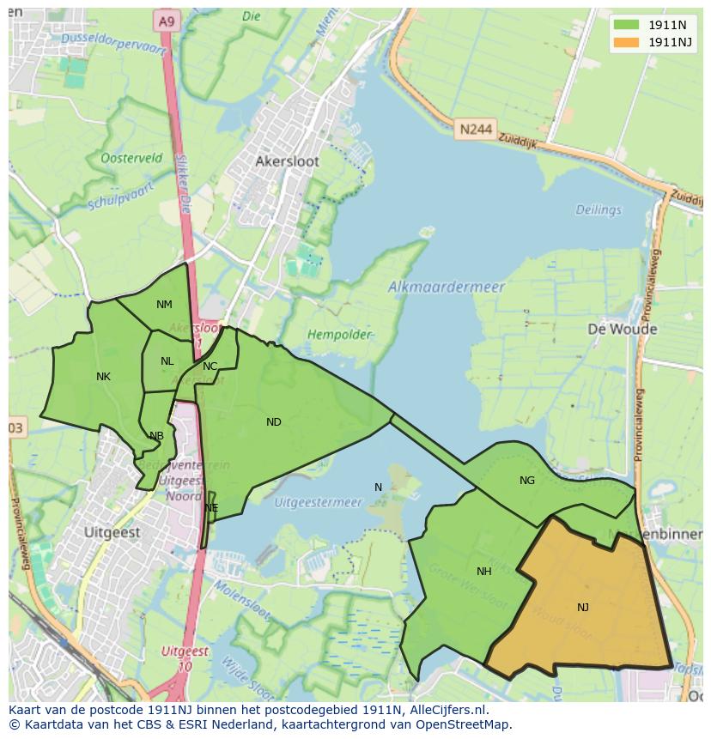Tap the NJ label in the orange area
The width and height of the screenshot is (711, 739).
(583, 608)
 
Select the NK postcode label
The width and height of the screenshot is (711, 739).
(103, 376)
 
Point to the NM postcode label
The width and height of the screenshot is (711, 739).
(164, 305)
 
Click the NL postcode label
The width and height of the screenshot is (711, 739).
(167, 361)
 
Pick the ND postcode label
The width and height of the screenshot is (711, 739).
(274, 421)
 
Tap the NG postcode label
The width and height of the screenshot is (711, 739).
(527, 481)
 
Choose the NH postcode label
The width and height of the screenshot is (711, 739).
(484, 571)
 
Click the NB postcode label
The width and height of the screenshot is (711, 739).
(156, 436)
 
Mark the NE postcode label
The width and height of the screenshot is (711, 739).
(211, 508)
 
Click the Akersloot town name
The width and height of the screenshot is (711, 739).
(287, 161)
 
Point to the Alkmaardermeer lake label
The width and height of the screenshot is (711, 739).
(447, 288)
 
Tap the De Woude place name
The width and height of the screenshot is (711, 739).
(623, 329)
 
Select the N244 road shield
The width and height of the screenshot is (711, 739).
(476, 129)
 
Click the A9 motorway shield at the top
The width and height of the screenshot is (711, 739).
(166, 19)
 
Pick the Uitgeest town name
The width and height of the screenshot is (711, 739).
(112, 532)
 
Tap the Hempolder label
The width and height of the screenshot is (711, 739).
(341, 334)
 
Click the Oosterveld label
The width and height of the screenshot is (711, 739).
(131, 159)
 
